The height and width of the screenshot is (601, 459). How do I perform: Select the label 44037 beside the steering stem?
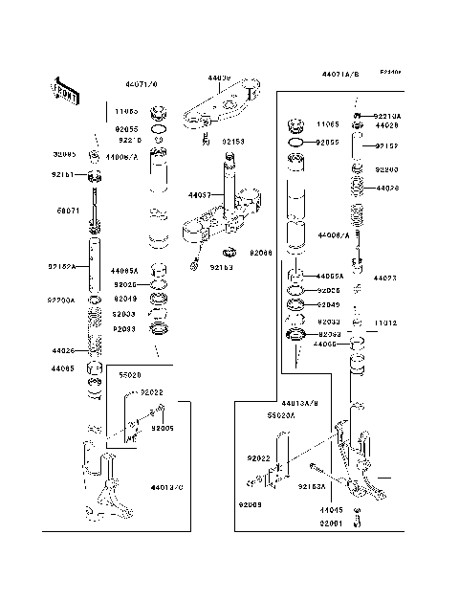point(200,195)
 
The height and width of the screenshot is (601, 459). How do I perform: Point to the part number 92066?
point(261,253)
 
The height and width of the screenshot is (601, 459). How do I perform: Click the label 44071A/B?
point(339,74)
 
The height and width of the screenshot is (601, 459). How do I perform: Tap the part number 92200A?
point(62,300)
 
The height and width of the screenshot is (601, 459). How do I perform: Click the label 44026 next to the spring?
point(64,351)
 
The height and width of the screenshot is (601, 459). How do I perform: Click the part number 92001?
point(331,524)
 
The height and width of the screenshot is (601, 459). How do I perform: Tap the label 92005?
point(163,430)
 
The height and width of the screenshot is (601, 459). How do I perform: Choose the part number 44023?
point(384,278)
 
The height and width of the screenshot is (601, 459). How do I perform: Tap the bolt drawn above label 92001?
point(358,518)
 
